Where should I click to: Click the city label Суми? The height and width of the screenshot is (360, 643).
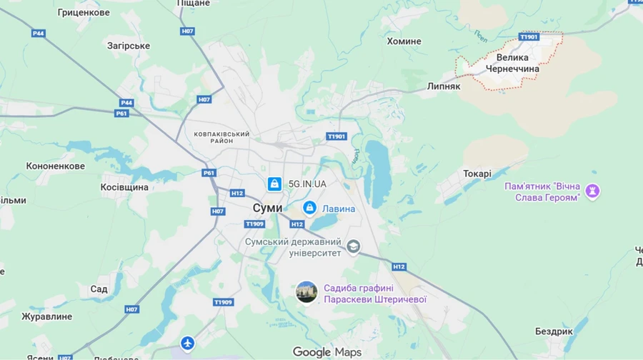coord(267,207)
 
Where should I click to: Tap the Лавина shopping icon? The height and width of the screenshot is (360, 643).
coord(309,208)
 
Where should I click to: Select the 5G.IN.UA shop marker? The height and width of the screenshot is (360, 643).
coord(274,184)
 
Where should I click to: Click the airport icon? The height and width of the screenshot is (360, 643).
coord(187,344)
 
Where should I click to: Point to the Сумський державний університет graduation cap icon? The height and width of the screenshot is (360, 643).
coord(353,247)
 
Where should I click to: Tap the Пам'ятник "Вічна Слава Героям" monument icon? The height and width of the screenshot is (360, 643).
coord(592,191)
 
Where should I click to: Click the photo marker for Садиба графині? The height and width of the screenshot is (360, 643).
coord(306,292)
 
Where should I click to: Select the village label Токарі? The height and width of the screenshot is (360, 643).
coord(477,174)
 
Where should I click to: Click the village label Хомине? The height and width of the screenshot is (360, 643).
coord(404,41)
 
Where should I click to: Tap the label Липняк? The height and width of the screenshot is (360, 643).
coord(444,86)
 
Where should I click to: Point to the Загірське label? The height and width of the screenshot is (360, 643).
coord(129,46)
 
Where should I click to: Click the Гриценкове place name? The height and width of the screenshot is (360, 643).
coord(84,13)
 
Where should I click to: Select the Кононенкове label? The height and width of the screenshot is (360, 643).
coord(55,166)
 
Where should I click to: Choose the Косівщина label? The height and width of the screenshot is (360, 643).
coord(124,187)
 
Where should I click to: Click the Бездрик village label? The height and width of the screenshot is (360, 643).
coord(554,331)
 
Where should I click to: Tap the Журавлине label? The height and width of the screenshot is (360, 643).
coord(46,316)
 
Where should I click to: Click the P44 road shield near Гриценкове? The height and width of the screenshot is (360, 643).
coord(38,34)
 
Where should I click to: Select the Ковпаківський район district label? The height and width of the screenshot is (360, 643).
coord(222,137)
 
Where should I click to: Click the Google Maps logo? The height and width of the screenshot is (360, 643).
coord(327,352)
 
